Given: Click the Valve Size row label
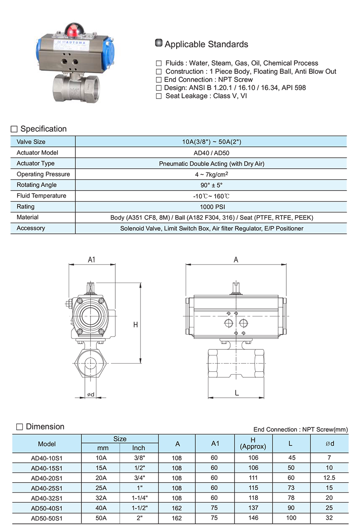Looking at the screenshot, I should click(31, 141).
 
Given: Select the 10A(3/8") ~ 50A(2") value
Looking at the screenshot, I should click(212, 141).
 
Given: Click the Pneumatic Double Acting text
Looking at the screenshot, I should click(212, 163).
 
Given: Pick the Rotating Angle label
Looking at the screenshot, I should click(36, 185).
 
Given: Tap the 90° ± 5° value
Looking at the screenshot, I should click(212, 185).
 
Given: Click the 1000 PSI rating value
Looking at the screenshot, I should click(212, 207).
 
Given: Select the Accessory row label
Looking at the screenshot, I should click(31, 228).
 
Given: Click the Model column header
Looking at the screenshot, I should click(47, 444).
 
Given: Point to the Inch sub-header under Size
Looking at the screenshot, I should click(138, 448).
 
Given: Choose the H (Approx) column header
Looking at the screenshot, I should click(253, 443).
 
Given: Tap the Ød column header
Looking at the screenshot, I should click(330, 443).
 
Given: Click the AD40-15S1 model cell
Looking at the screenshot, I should click(47, 468).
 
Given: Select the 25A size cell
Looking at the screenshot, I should click(101, 488).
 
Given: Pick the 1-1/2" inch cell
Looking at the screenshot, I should click(139, 508).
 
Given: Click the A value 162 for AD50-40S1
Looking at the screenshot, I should click(177, 508).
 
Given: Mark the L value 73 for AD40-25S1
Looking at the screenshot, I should click(291, 488).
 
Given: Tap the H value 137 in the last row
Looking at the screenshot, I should click(253, 508).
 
